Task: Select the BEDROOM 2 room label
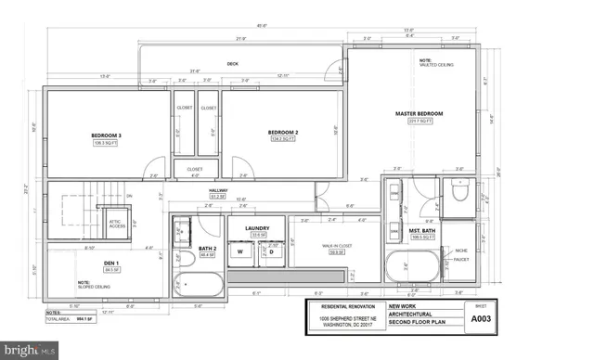[x=282, y=133]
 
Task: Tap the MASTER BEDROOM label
[x=419, y=114]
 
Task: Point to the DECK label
[x=233, y=64]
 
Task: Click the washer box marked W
[x=239, y=251]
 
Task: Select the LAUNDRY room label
[x=257, y=227]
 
